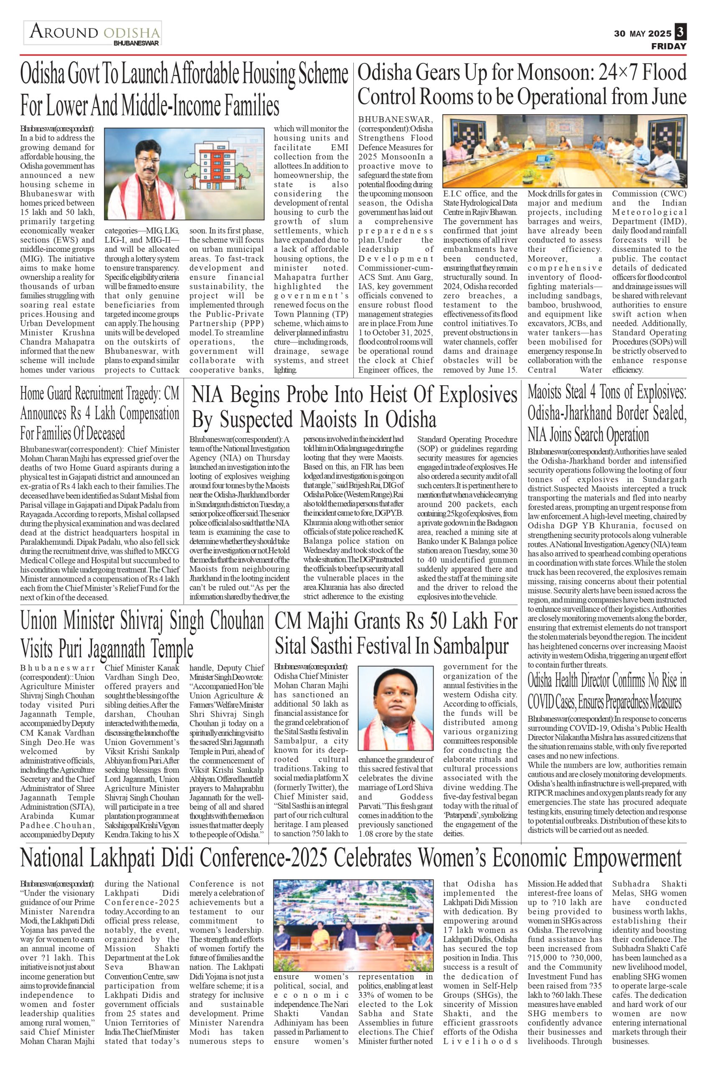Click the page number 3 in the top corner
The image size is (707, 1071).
pos(680,33)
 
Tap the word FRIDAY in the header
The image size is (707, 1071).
pos(669,46)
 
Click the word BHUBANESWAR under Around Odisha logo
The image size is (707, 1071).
pos(136,44)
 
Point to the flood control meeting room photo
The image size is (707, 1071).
pos(564,151)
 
